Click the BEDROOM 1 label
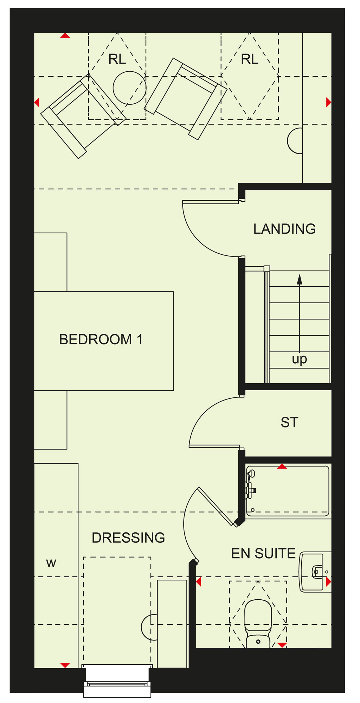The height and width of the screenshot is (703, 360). pyautogui.click(x=101, y=340)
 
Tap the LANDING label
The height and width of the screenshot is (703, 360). pyautogui.click(x=284, y=229)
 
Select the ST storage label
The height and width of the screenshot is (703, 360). pyautogui.click(x=289, y=422)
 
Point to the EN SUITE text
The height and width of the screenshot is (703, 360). pyautogui.click(x=263, y=554)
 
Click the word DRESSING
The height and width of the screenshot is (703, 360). pyautogui.click(x=128, y=538)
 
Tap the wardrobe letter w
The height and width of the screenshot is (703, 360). pyautogui.click(x=51, y=563)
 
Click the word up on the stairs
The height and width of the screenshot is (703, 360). pyautogui.click(x=300, y=359)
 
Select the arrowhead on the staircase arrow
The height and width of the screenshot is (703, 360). pyautogui.click(x=300, y=279)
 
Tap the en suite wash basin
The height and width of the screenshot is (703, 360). pyautogui.click(x=315, y=572)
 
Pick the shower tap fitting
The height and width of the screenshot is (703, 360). pyautogui.click(x=251, y=485)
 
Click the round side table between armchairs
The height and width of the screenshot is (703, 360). pyautogui.click(x=129, y=88)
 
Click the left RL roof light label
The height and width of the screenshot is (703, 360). pyautogui.click(x=117, y=59)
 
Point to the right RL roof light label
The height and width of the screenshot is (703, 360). pyautogui.click(x=250, y=59)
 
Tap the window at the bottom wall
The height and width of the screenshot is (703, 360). pyautogui.click(x=117, y=681)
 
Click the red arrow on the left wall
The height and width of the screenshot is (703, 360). pyautogui.click(x=37, y=103)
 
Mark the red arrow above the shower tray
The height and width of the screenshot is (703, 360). pyautogui.click(x=282, y=466)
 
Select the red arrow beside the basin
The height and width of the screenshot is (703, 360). pyautogui.click(x=329, y=582)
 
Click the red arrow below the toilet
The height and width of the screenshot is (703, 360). pyautogui.click(x=282, y=645)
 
